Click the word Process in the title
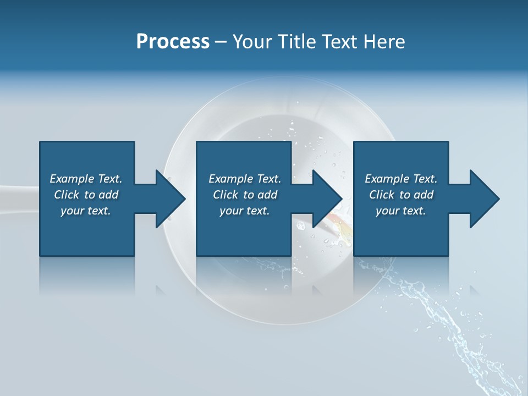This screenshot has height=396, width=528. point(173,42)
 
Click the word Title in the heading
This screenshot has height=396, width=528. point(294,42)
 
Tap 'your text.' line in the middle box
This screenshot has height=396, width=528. point(244,211)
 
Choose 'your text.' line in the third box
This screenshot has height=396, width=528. point(400,211)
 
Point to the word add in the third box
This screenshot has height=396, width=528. point(424,195)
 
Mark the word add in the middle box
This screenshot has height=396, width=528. point(267,195)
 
